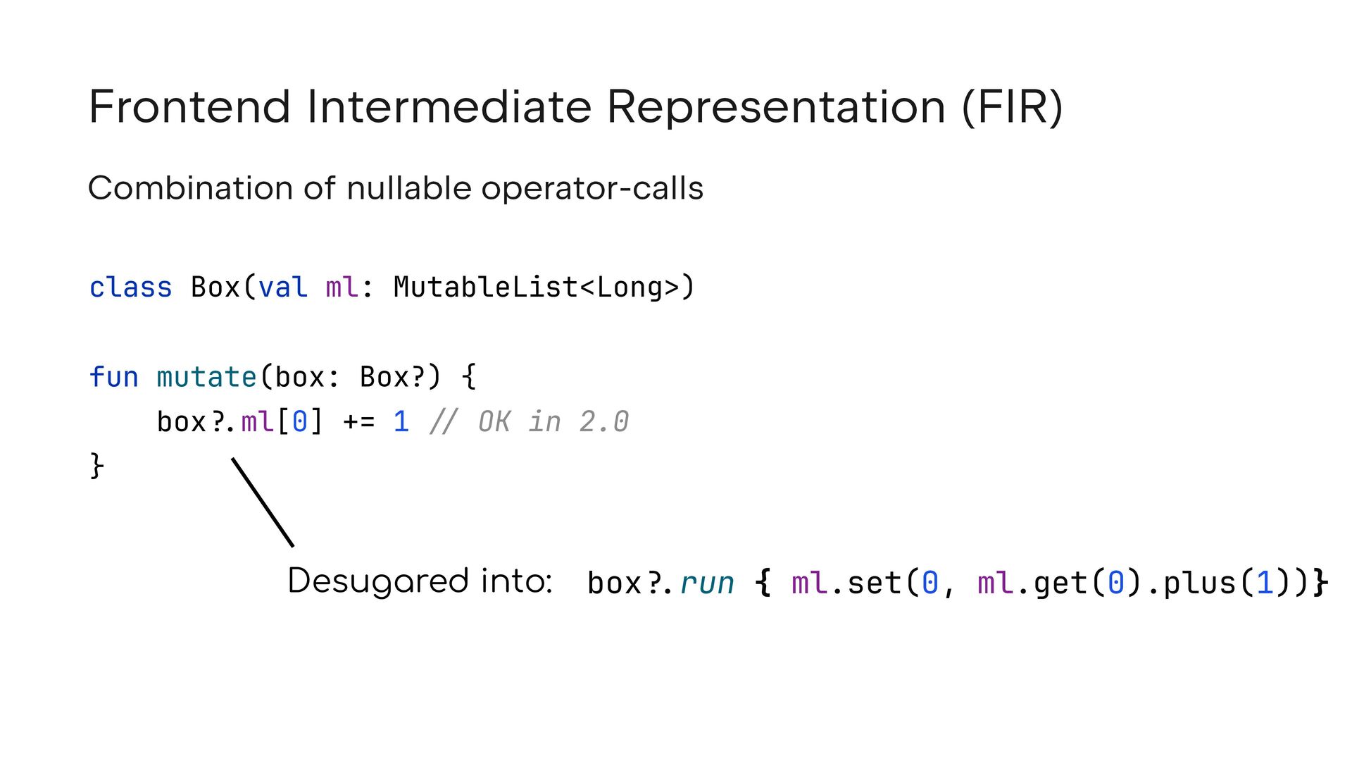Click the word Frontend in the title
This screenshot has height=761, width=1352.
[x=189, y=107]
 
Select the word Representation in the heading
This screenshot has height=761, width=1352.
[x=776, y=107]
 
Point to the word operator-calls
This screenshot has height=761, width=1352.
[x=592, y=189]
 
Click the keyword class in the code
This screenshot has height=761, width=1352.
[x=131, y=287]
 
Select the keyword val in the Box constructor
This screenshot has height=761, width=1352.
[x=283, y=287]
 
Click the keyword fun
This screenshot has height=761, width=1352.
[x=114, y=377]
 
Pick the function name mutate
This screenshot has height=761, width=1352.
[x=206, y=377]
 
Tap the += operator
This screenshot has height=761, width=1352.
[x=358, y=422]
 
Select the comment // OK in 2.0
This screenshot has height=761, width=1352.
[x=529, y=422]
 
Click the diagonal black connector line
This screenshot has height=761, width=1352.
[x=263, y=502]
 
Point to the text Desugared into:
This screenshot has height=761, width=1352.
[x=420, y=581]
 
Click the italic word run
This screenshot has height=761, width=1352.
[x=707, y=583]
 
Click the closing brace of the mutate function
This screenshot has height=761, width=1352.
[x=97, y=466]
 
